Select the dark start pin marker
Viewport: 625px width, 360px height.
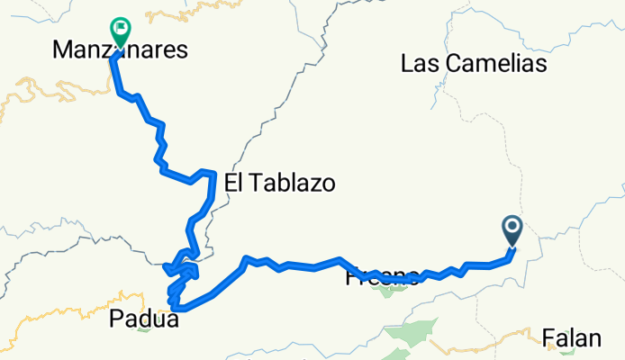(512, 230)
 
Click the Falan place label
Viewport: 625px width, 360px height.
(572, 338)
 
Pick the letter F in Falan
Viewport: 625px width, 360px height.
(548, 338)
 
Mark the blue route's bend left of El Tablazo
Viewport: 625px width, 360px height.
(212, 172)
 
